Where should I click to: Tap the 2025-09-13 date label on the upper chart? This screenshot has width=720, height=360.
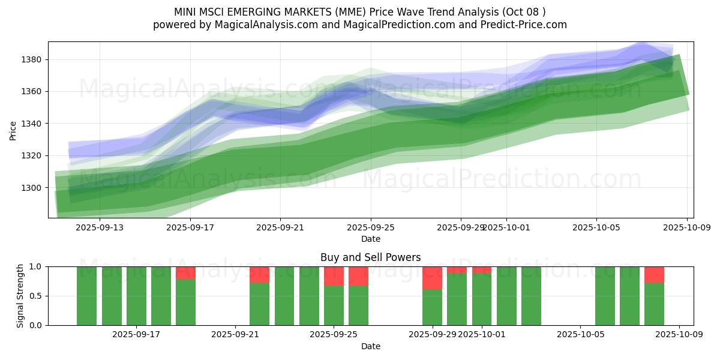99,227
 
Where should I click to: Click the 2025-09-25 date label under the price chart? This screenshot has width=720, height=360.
370,227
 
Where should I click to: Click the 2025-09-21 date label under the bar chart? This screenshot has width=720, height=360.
235,335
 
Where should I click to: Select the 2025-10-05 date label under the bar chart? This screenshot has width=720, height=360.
580,335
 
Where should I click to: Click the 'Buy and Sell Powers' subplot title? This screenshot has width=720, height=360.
370,257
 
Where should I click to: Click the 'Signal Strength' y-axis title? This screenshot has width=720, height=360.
20,296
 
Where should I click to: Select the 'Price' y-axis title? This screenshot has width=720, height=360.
13,130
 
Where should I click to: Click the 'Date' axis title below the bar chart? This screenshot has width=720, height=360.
370,346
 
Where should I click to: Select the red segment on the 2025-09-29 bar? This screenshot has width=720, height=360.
432,278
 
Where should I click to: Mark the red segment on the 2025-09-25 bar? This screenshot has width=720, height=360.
334,276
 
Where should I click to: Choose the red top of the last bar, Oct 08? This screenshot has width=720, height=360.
654,274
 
